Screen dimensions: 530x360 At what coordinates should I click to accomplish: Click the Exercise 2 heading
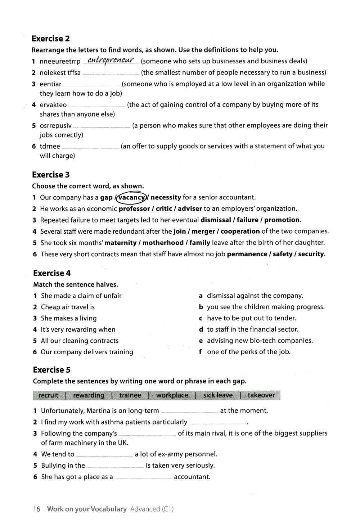(x=51, y=39)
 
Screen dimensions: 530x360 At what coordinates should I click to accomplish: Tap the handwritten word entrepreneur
(x=111, y=60)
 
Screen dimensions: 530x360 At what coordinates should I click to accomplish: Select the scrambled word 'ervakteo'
(x=53, y=105)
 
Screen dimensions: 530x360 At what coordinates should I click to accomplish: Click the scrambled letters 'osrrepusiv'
(x=56, y=125)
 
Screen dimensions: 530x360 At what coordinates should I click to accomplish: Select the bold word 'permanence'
(x=247, y=254)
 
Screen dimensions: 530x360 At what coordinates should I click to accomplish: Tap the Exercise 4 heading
(x=52, y=273)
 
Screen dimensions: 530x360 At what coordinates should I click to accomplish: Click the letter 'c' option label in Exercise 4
(x=201, y=318)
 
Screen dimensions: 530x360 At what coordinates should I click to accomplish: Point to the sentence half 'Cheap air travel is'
(x=68, y=307)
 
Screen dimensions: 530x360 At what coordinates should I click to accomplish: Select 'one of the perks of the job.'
(x=249, y=352)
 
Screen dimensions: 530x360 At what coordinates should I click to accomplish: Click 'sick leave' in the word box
(x=218, y=395)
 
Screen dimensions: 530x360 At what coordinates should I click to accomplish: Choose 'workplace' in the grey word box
(x=172, y=395)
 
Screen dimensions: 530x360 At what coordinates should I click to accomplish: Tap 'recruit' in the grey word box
(x=48, y=395)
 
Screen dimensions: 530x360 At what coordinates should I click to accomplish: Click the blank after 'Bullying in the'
(x=115, y=467)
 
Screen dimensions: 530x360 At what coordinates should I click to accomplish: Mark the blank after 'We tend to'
(x=104, y=455)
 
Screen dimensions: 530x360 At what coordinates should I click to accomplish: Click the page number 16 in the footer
(x=36, y=509)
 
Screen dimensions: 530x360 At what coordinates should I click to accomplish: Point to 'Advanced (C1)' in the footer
(x=152, y=509)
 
